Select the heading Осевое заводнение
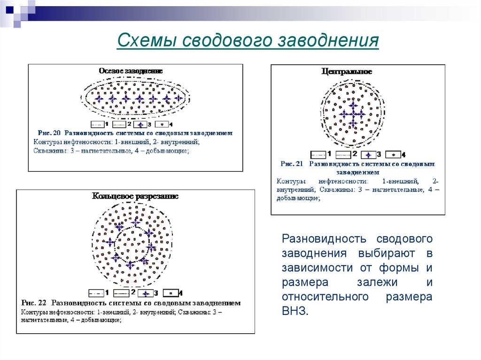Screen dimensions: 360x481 131,71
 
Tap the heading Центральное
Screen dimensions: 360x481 347,72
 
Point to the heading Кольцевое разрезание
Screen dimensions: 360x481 135,197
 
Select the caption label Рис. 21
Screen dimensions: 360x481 291,164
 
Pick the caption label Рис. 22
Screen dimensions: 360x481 34,303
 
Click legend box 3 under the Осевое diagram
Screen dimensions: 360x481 140,125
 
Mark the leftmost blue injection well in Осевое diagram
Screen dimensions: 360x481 99,99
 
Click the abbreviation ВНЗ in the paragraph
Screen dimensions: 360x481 295,311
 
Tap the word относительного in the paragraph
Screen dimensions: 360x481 324,297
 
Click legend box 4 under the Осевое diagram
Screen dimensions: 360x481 163,125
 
